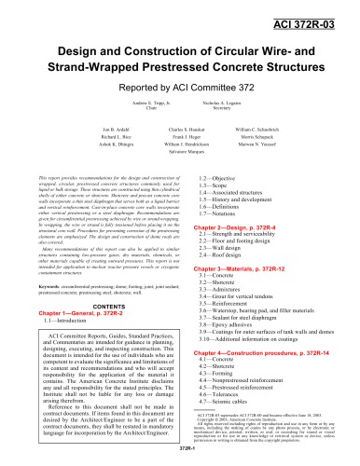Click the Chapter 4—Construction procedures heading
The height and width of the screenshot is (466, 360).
click(x=267, y=386)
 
